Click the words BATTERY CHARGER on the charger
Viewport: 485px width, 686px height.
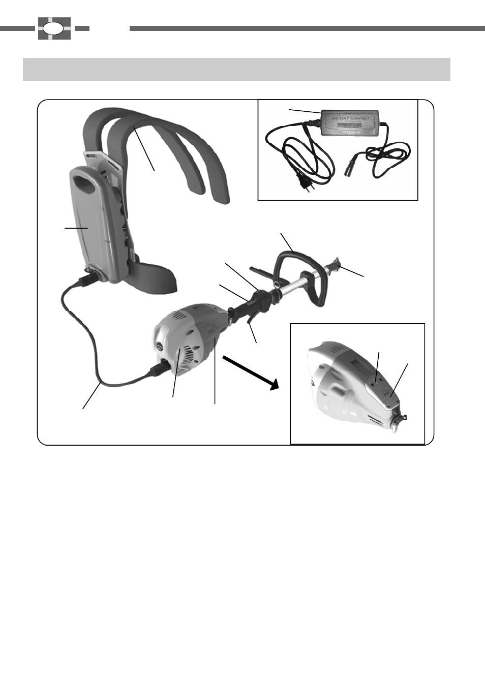click(350, 118)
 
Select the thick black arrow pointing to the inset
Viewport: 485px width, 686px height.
click(251, 372)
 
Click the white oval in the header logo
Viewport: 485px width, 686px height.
click(53, 28)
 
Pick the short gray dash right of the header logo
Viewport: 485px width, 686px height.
click(82, 28)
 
